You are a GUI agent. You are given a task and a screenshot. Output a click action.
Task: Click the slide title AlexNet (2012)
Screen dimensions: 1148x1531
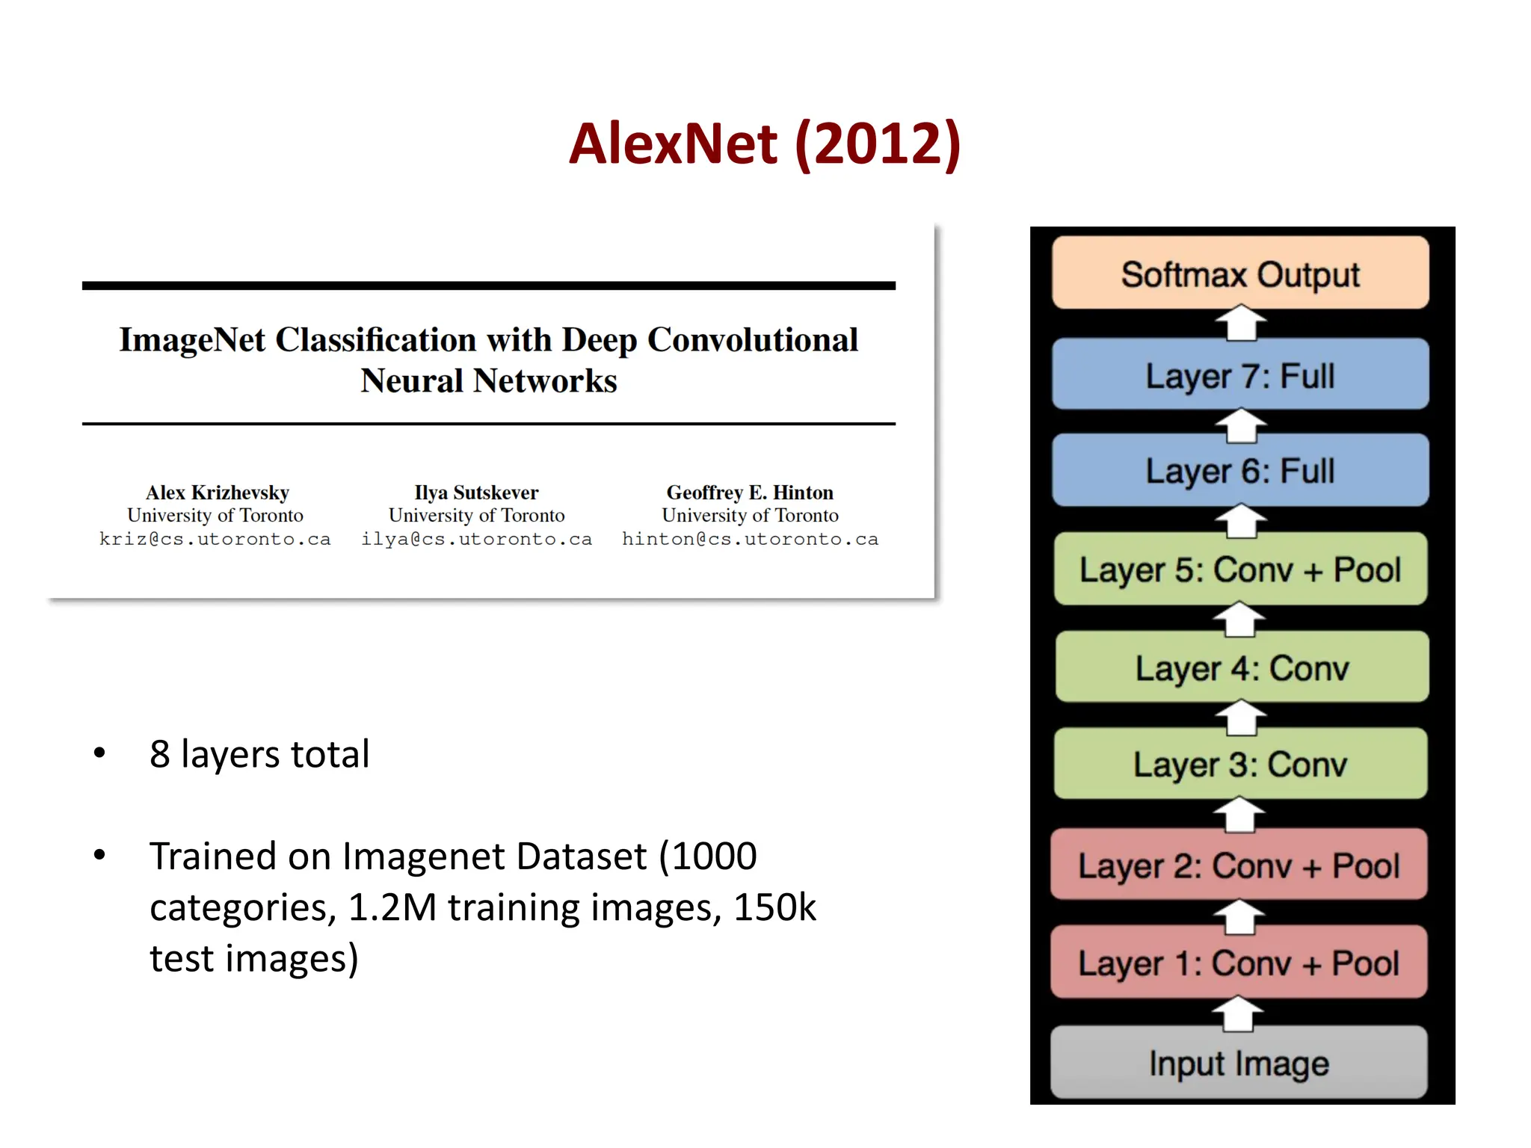764,143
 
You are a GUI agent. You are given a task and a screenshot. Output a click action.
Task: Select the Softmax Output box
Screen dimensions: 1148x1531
1239,274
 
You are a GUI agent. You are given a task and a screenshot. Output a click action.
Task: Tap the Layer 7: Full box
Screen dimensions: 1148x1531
1239,375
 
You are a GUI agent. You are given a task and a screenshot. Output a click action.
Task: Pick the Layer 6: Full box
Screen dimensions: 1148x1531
1239,471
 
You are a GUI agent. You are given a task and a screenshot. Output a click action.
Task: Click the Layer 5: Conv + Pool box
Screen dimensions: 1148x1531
1239,570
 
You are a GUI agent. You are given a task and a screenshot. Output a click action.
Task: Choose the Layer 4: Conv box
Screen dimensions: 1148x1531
1241,667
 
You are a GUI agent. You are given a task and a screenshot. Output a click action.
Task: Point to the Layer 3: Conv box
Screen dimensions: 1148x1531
1239,764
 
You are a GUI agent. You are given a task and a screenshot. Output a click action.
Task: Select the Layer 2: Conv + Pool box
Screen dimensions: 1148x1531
1238,865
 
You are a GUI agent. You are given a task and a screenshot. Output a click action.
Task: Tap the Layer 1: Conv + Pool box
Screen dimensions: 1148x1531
1238,963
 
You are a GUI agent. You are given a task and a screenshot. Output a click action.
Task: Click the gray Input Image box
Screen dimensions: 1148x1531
1238,1063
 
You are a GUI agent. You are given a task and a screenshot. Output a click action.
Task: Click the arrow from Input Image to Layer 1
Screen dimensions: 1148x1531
1238,1014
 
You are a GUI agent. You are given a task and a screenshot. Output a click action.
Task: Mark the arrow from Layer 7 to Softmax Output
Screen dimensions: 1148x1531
1240,323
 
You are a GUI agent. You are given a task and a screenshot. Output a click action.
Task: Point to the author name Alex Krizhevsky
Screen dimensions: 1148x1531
217,493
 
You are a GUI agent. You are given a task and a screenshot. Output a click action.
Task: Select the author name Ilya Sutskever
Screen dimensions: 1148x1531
476,493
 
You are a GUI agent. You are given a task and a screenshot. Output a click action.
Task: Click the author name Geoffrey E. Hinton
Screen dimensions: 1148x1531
750,493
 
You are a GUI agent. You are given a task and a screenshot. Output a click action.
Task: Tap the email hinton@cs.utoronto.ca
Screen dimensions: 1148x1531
750,539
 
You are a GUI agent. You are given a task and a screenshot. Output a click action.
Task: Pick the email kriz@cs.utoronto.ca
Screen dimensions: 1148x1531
215,539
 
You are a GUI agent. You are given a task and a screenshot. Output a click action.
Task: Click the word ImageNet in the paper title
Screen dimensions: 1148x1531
192,340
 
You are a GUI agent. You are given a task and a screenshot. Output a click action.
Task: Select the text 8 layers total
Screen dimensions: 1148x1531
259,753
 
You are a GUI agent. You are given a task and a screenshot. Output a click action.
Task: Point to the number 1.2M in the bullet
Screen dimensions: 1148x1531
392,907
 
